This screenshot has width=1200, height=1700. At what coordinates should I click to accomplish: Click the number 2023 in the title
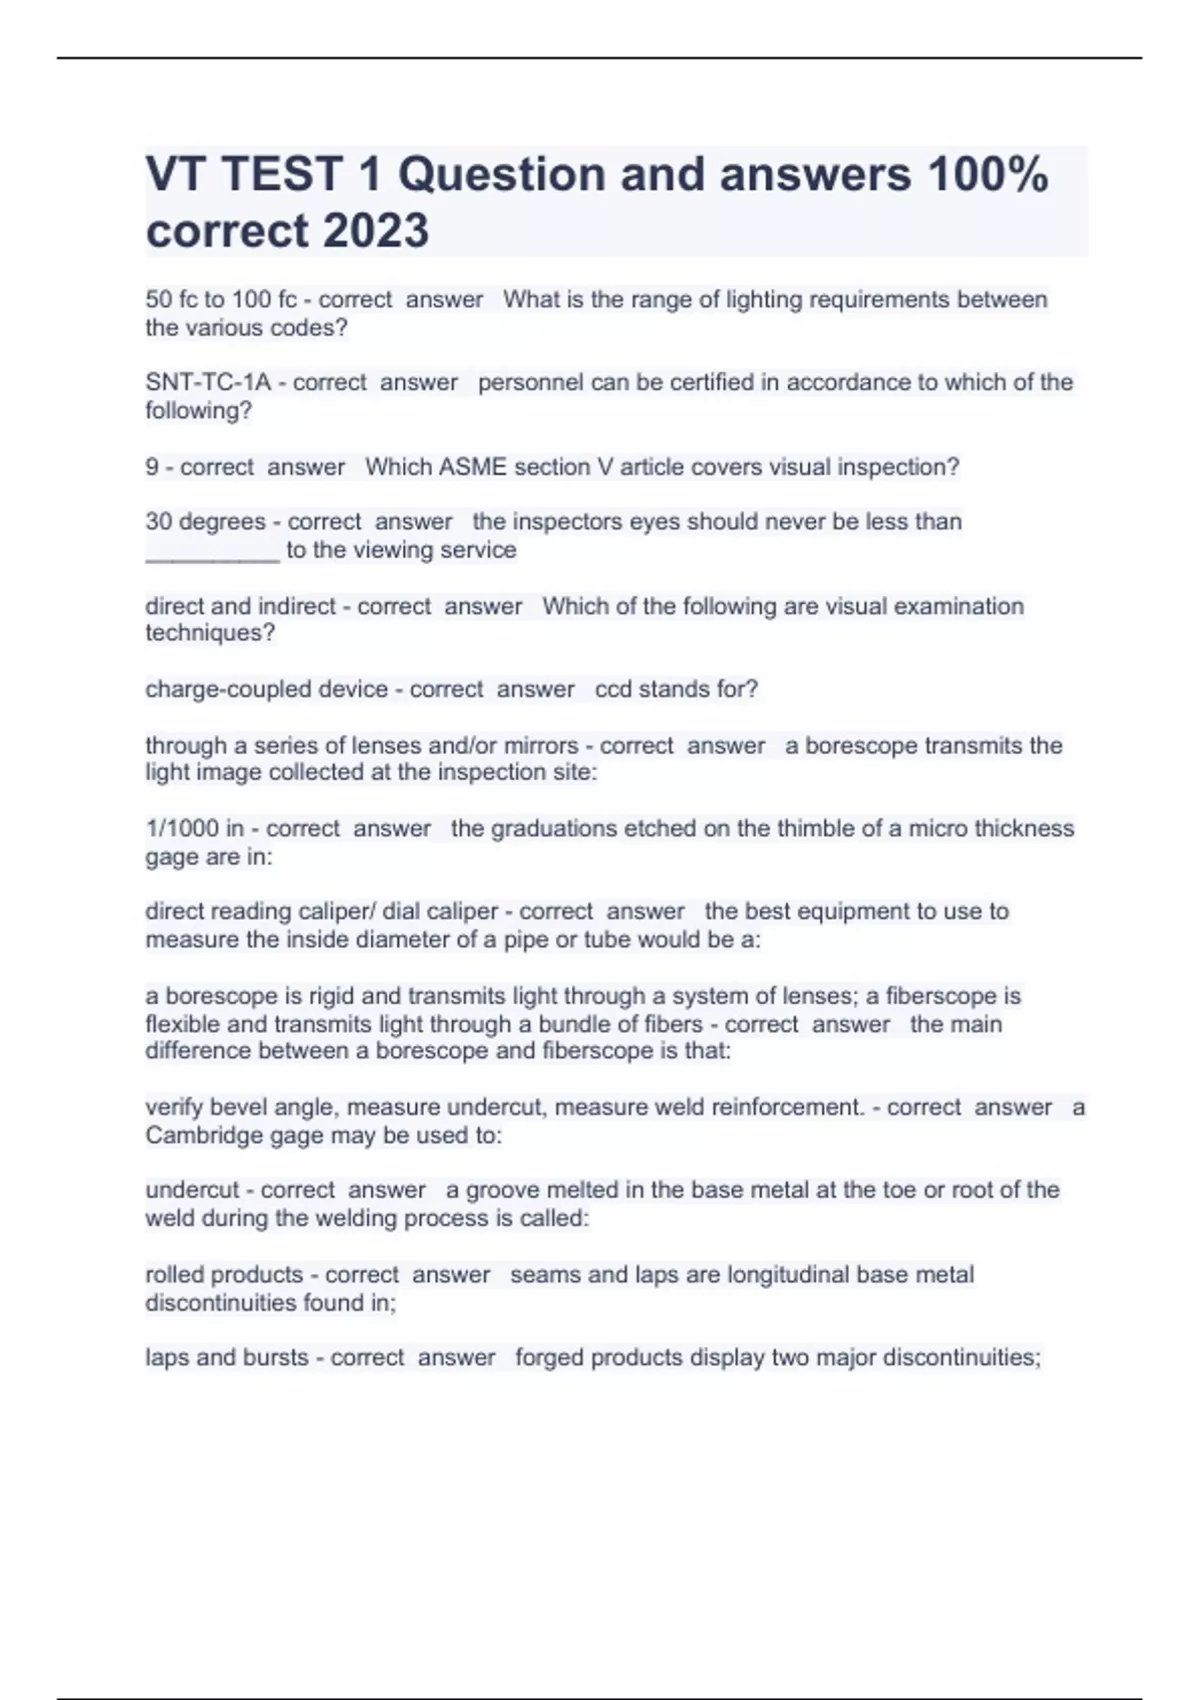point(376,230)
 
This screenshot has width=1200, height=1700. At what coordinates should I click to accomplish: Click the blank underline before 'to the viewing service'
point(212,552)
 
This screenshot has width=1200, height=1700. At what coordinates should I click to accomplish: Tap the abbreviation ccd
point(613,689)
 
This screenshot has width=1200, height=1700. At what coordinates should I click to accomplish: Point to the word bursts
point(270,1357)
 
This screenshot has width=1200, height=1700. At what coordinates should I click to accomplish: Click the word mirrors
point(538,745)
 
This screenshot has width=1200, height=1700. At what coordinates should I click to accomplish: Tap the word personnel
point(524,382)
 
